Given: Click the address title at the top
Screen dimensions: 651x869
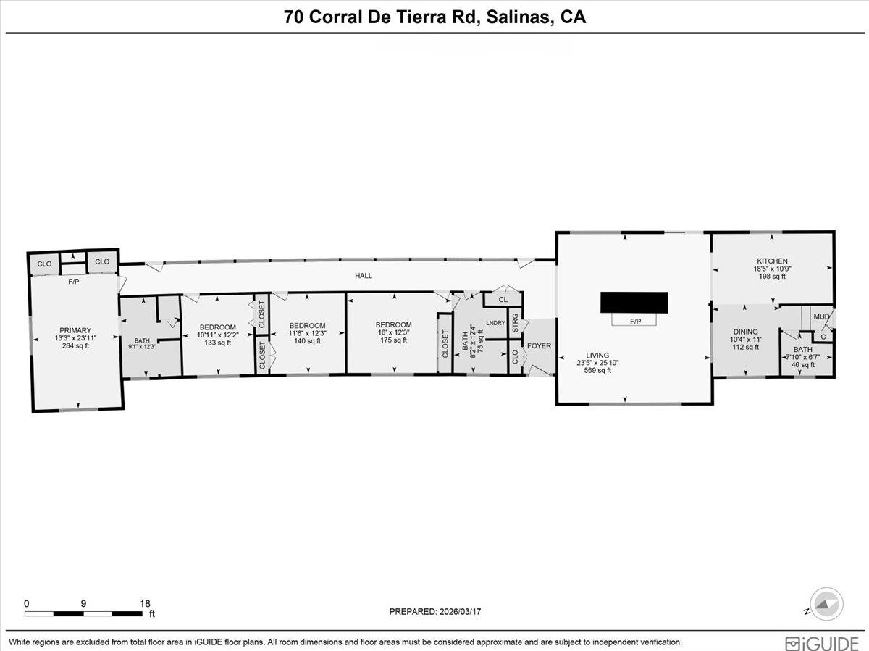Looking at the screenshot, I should [434, 17].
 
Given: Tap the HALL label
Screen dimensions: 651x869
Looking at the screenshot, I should [363, 276].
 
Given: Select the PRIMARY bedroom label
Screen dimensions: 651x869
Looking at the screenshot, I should [76, 330].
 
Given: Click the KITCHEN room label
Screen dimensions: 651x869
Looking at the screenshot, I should [772, 261].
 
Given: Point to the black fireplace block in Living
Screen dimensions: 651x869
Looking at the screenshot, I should [634, 302].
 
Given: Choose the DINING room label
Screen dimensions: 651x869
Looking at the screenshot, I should [745, 332].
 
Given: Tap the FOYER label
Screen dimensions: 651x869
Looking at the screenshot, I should [539, 346].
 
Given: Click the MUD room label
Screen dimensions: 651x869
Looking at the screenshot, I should [820, 316].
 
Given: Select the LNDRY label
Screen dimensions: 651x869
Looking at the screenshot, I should [495, 323].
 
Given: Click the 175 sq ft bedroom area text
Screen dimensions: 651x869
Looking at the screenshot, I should [393, 340].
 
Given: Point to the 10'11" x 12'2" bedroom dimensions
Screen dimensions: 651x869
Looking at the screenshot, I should [217, 335].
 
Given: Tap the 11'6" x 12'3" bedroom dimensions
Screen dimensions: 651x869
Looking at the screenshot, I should [308, 333].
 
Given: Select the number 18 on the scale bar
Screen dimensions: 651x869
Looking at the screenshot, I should [145, 603].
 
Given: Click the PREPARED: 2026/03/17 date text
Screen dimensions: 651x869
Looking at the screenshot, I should [434, 612].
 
